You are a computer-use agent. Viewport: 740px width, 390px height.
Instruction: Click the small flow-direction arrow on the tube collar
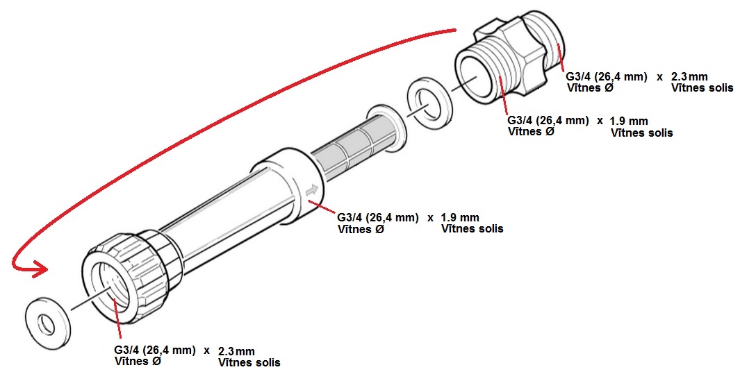point(312,189)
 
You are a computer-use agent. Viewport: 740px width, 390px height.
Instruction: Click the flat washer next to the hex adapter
point(429,104)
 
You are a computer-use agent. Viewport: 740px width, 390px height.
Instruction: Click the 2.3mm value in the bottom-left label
point(236,350)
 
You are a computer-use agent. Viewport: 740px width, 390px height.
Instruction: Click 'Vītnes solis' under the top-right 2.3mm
point(702,88)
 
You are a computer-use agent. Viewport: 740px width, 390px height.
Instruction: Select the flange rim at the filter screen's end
point(382,124)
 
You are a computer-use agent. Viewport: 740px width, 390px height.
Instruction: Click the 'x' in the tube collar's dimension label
point(430,217)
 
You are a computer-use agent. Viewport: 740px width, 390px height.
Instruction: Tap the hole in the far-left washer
point(46,323)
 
